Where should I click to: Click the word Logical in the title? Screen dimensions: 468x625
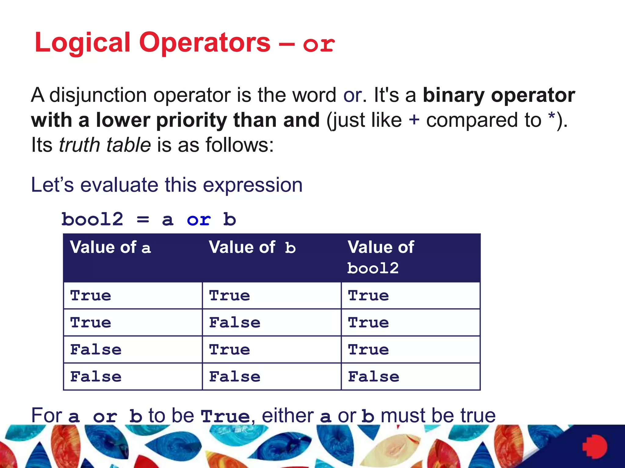[x=82, y=43]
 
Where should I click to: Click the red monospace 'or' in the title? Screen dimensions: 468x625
[x=319, y=44]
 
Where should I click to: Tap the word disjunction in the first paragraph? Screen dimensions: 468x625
[x=98, y=95]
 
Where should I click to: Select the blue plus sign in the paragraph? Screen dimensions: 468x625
[x=414, y=119]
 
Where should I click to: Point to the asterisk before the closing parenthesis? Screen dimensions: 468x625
[x=551, y=117]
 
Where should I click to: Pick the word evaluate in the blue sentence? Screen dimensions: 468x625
[x=119, y=185]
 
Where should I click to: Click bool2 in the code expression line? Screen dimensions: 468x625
[x=92, y=219]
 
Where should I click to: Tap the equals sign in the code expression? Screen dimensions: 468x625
[x=143, y=219]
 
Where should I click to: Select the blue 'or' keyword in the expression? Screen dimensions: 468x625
[x=199, y=219]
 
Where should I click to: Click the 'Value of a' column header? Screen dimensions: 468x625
[x=110, y=247]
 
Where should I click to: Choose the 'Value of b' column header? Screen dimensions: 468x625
[x=252, y=247]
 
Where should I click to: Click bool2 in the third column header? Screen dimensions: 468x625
[x=373, y=268]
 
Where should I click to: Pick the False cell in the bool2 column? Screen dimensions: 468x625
[x=374, y=377]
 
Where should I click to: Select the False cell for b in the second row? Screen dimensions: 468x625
[x=235, y=323]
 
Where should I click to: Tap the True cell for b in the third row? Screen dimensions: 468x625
[x=229, y=349]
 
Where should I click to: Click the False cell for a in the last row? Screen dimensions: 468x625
[x=96, y=377]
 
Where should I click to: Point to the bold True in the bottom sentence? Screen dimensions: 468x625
[x=225, y=416]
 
